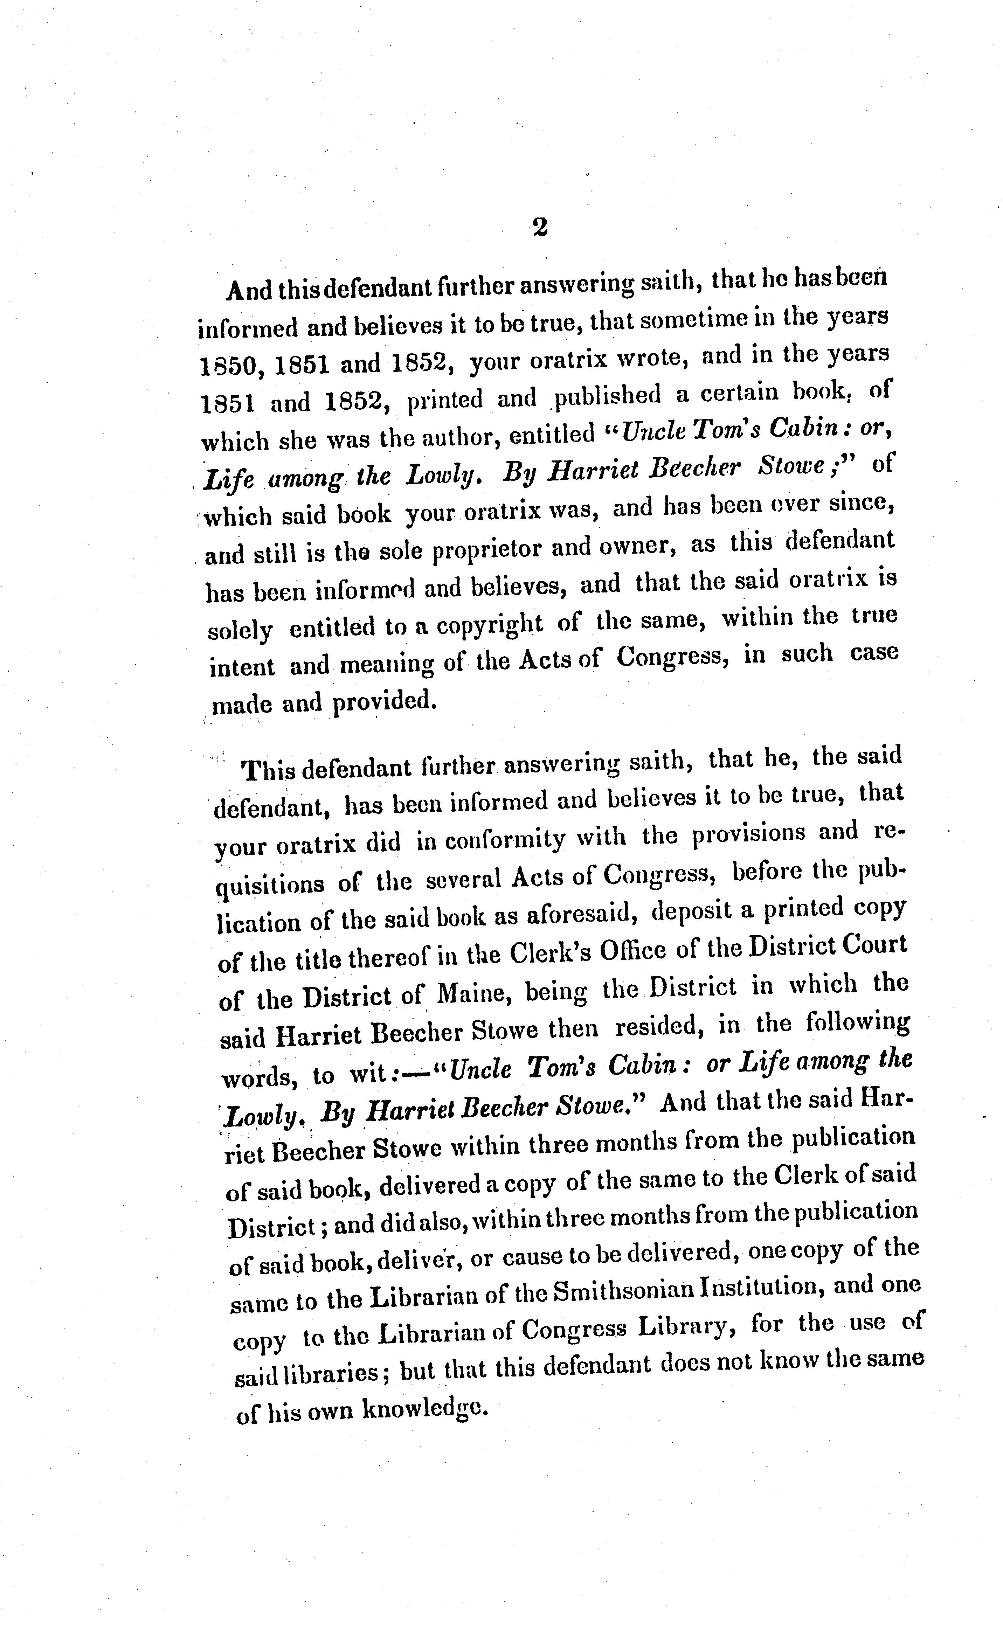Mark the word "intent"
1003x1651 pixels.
click(242, 667)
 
